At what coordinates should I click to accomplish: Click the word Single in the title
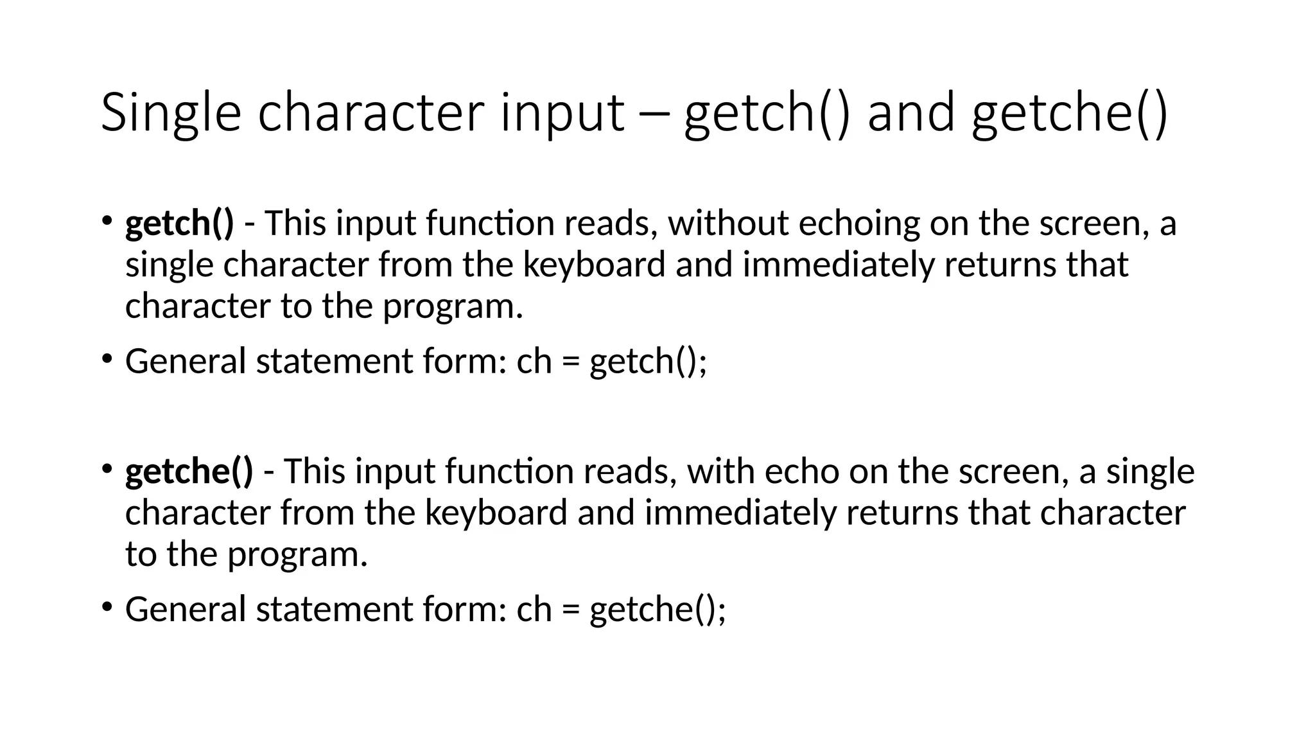click(171, 113)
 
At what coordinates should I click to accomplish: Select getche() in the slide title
click(1069, 113)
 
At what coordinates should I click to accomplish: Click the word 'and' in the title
click(911, 113)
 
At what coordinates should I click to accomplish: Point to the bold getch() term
click(180, 224)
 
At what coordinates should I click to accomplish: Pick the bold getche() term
click(189, 471)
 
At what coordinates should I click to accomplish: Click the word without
click(728, 224)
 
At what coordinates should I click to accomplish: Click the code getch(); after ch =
click(648, 361)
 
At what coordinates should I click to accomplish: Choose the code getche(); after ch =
click(657, 609)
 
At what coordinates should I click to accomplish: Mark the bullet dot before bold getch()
click(107, 221)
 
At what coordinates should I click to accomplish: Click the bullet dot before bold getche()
click(107, 469)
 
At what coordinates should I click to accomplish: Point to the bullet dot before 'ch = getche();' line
click(107, 606)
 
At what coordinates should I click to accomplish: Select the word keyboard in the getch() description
click(594, 265)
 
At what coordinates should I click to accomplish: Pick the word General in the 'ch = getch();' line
click(186, 361)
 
